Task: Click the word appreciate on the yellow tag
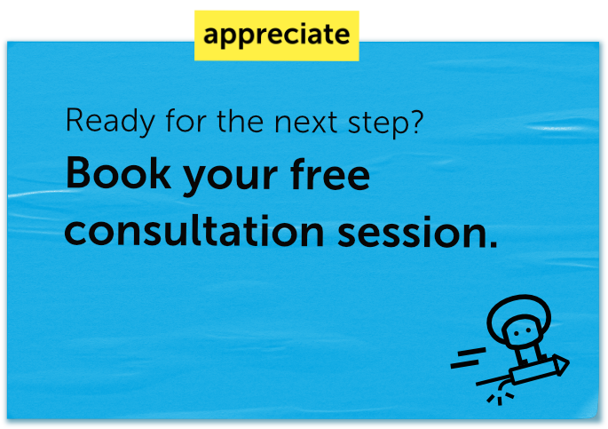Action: [x=276, y=36]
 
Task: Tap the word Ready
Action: [x=110, y=122]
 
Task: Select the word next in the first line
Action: [x=305, y=123]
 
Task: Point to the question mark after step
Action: [x=415, y=120]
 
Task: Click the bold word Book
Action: [x=118, y=173]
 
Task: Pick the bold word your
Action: [x=230, y=178]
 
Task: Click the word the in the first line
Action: [x=240, y=121]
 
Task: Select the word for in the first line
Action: [x=186, y=121]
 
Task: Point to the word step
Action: [x=377, y=124]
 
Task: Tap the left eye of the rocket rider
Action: [x=516, y=333]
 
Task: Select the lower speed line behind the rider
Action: [x=464, y=364]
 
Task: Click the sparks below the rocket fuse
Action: [x=501, y=399]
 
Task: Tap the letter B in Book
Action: [x=79, y=173]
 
